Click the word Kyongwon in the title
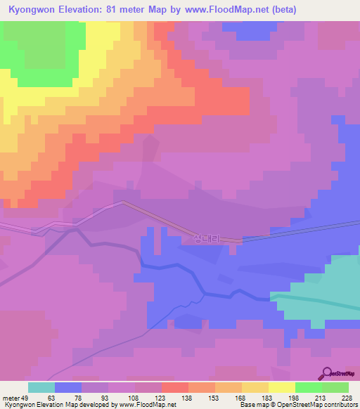32,10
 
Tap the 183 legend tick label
266,397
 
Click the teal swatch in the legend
41,387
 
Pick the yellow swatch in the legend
281,387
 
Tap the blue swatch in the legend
68,387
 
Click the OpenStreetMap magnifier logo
326,372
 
